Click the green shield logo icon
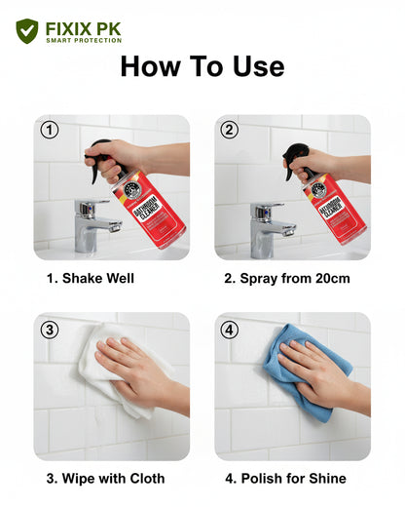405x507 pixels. tap(26, 31)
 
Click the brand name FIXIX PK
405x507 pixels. tap(83, 28)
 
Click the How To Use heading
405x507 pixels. tap(202, 66)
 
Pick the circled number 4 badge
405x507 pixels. tap(230, 329)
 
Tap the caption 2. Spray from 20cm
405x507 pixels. tap(286, 279)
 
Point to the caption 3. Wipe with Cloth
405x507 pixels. tap(105, 478)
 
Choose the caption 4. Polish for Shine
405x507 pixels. tap(285, 478)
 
